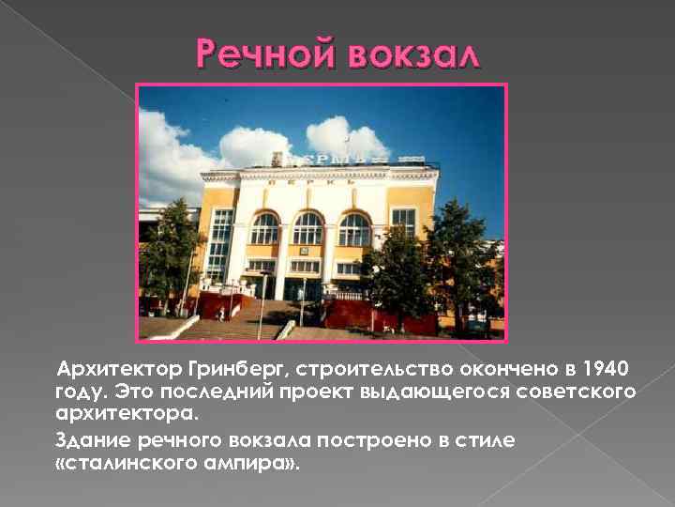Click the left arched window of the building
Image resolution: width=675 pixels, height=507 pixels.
coord(265,229)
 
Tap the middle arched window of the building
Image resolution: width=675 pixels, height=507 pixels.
coord(308,228)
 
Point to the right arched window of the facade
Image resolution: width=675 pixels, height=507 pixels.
coord(354,229)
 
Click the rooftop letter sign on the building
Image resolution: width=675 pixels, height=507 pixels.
coord(319,159)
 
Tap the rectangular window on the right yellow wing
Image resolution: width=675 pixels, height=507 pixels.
coord(403,223)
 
